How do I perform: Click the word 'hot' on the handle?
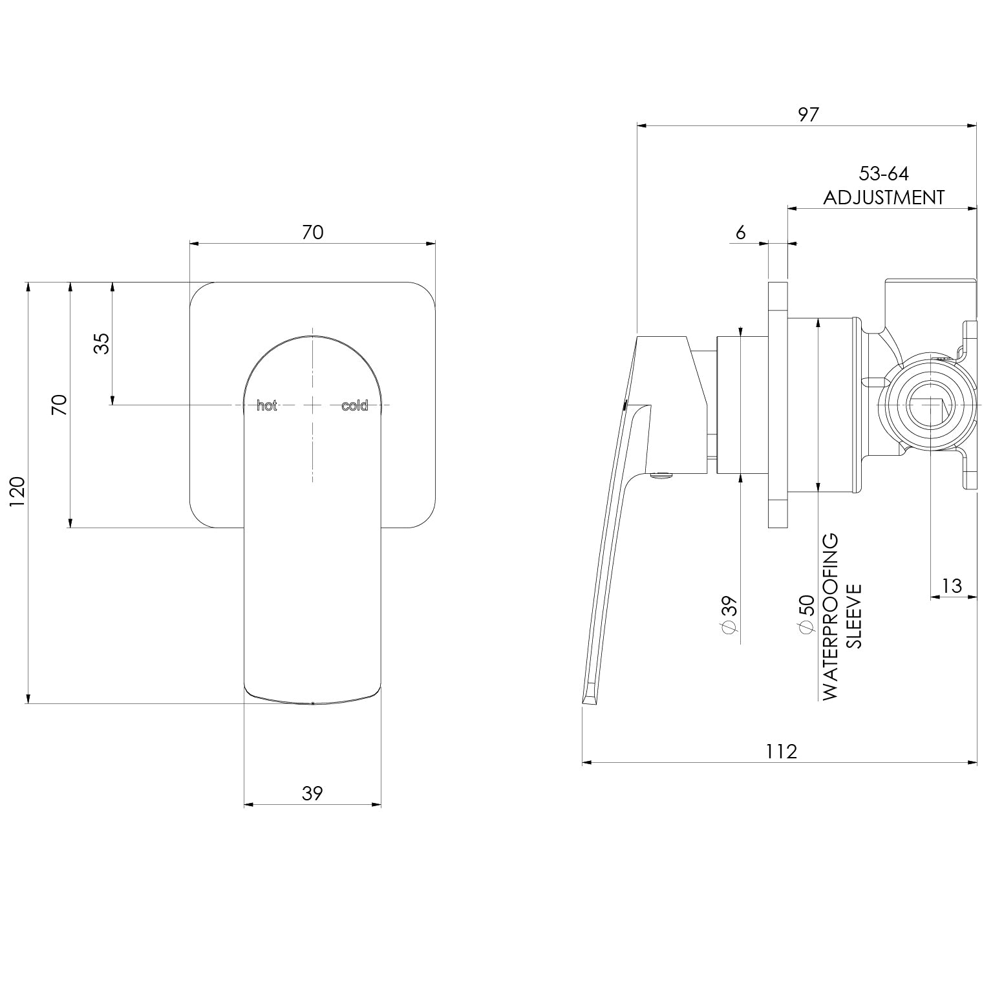[x=267, y=406]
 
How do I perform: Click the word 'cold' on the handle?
[x=354, y=406]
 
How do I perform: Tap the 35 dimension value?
[x=101, y=343]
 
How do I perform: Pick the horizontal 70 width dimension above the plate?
[x=313, y=232]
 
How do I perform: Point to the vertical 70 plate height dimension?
[x=59, y=405]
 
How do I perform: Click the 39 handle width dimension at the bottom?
[x=312, y=793]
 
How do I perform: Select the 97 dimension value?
[x=808, y=114]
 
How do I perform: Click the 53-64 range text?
[x=884, y=174]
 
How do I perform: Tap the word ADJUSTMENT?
[x=884, y=197]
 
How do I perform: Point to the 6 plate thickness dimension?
[x=741, y=232]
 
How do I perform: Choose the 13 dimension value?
[x=952, y=586]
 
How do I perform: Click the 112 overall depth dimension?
[x=782, y=751]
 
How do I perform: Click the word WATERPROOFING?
[x=830, y=616]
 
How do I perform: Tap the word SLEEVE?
[x=854, y=616]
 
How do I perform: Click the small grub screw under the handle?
[x=661, y=476]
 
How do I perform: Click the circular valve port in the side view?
[x=930, y=406]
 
